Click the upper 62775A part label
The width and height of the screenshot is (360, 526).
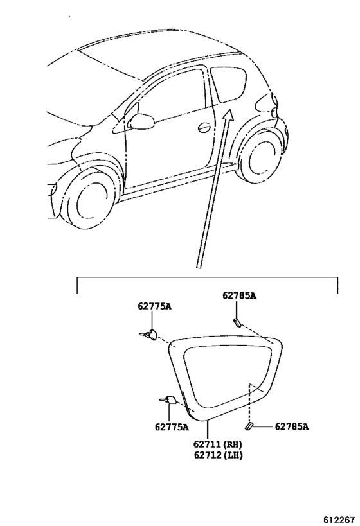point(154,306)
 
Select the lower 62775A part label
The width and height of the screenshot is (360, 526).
point(172,427)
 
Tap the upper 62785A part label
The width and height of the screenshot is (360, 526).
point(239,295)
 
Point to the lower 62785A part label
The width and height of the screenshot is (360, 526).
point(291,426)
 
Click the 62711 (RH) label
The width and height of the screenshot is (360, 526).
point(218,444)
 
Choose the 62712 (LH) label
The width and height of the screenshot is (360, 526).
point(218,455)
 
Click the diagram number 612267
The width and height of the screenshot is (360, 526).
point(339,520)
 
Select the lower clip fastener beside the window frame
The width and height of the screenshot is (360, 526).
point(170,400)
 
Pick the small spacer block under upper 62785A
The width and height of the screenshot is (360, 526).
point(237,322)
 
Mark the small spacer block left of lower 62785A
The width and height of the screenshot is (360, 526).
point(249,426)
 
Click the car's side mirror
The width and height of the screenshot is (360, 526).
point(142,121)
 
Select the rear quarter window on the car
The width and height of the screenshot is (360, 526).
point(228,84)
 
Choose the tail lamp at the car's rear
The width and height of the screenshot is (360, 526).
point(274,107)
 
